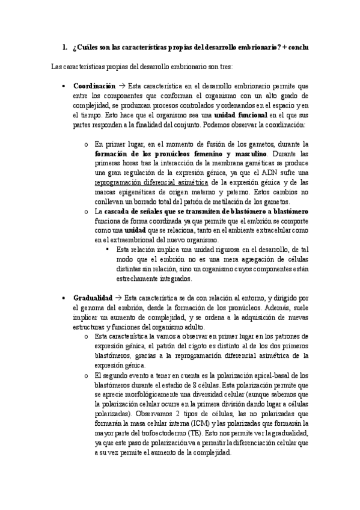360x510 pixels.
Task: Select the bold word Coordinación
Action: point(94,86)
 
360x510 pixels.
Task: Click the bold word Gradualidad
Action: point(93,298)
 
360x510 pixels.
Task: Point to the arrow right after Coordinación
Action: point(121,86)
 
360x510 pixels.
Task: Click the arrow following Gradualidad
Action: point(118,298)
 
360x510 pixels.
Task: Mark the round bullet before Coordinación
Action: point(64,87)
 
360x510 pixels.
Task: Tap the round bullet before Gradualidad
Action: point(64,298)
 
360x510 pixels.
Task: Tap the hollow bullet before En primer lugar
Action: point(87,144)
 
